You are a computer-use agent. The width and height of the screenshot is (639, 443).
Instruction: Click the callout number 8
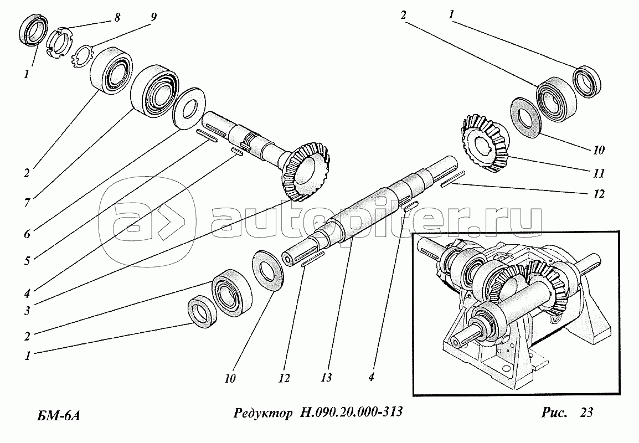coord(117,18)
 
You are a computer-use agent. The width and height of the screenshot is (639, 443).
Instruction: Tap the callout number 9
coord(153,18)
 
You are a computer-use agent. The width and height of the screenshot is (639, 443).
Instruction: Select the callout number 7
coord(27,202)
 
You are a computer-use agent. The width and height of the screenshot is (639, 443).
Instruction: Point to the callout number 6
coord(27,234)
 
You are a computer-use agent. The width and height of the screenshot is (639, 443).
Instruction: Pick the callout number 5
coord(27,260)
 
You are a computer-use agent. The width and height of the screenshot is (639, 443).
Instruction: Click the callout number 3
coord(27,311)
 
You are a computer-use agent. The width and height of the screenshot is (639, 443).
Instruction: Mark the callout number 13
coord(326,378)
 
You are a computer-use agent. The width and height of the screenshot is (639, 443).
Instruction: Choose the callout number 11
coord(598,174)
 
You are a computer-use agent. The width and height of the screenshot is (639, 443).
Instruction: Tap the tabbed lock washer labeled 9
coord(84,56)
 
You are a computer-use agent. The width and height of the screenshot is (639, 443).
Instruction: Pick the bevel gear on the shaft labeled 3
coord(306,171)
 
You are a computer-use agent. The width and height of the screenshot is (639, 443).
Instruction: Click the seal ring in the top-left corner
coord(33,29)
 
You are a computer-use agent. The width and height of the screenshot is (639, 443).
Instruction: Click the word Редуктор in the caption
coord(263,413)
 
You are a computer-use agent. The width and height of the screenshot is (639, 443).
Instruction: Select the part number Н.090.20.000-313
coord(351,413)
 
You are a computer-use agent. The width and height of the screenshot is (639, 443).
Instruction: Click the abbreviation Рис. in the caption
coord(554,413)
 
